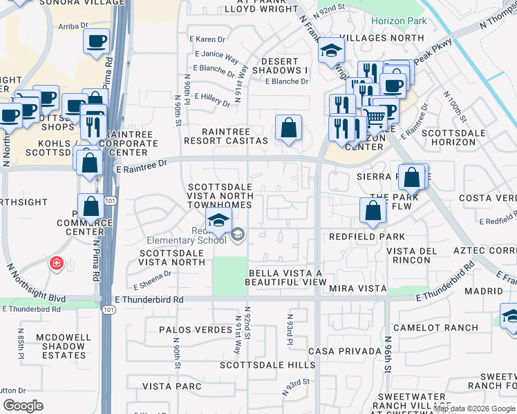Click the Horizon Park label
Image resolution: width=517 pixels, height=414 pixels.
(x=399, y=21)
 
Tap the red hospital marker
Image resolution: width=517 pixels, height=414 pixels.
(x=56, y=264)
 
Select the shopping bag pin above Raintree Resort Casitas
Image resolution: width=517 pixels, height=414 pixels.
(x=288, y=128)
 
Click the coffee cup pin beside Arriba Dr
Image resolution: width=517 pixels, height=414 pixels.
(x=97, y=41)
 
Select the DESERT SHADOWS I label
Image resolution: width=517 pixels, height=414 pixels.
(x=284, y=70)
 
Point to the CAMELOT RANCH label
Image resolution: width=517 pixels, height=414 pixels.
(x=425, y=328)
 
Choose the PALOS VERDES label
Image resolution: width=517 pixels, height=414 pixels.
(x=193, y=331)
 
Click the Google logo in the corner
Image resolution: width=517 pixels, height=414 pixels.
(x=23, y=405)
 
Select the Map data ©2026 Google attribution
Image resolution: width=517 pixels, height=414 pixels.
(x=475, y=408)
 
